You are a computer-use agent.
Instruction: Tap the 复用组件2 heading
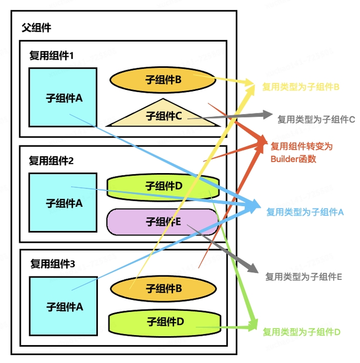pyautogui.click(x=52, y=160)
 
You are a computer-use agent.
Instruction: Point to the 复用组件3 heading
pyautogui.click(x=52, y=264)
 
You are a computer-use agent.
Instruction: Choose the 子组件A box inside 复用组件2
pyautogui.click(x=63, y=203)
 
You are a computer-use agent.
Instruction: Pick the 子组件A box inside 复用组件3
pyautogui.click(x=63, y=306)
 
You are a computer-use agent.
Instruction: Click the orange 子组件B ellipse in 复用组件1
pyautogui.click(x=163, y=80)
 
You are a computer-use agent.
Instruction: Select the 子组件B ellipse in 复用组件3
pyautogui.click(x=163, y=288)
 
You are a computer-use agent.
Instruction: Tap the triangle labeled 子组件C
pyautogui.click(x=163, y=115)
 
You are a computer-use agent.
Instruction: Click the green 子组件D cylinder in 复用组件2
pyautogui.click(x=163, y=185)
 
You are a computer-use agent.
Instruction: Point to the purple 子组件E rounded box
pyautogui.click(x=163, y=221)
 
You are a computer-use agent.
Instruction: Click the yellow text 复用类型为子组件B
pyautogui.click(x=300, y=87)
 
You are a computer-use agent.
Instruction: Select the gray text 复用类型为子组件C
pyautogui.click(x=316, y=119)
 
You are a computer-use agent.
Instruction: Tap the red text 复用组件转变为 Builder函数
pyautogui.click(x=301, y=152)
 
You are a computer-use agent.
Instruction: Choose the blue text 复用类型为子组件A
pyautogui.click(x=304, y=212)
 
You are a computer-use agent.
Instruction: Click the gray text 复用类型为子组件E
pyautogui.click(x=304, y=276)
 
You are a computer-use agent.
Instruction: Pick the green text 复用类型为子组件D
pyautogui.click(x=301, y=332)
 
